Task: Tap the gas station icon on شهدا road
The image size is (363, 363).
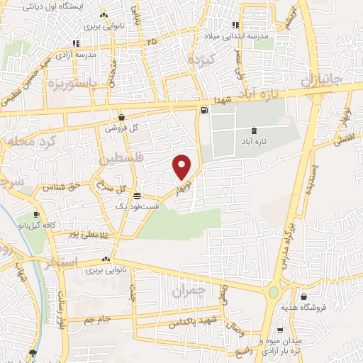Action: coord(205,110)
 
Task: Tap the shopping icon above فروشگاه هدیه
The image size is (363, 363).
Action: coord(304,296)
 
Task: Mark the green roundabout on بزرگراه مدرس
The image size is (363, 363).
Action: coord(274,292)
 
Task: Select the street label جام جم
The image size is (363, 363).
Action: coord(95,319)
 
